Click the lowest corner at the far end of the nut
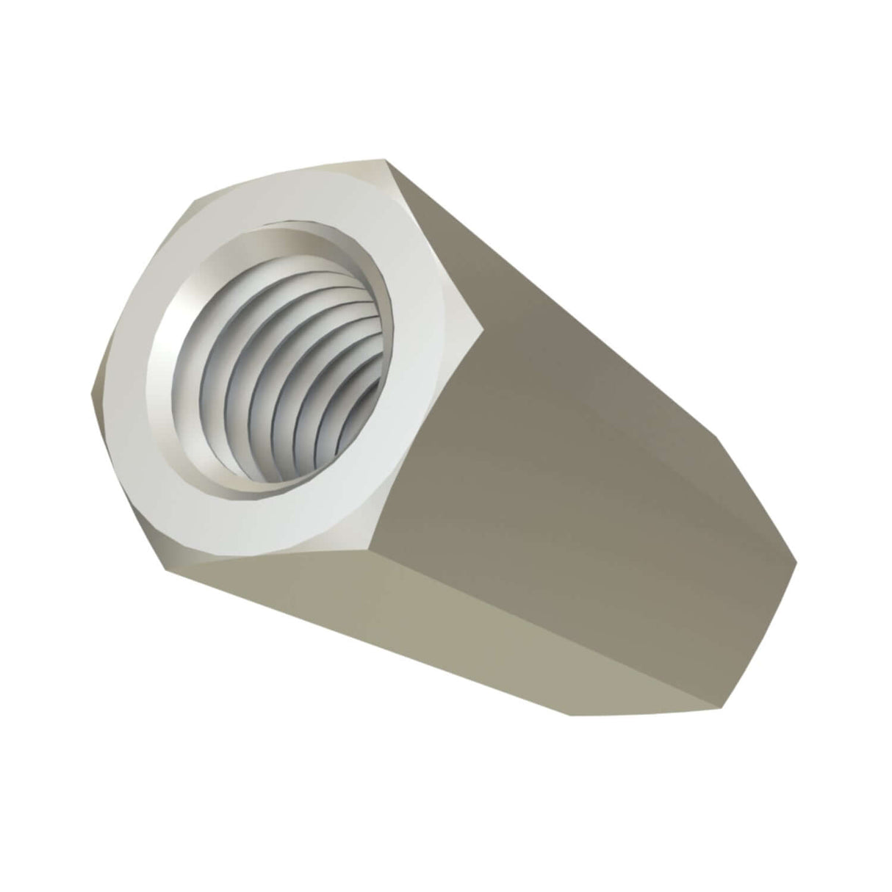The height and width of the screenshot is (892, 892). point(716,709)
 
